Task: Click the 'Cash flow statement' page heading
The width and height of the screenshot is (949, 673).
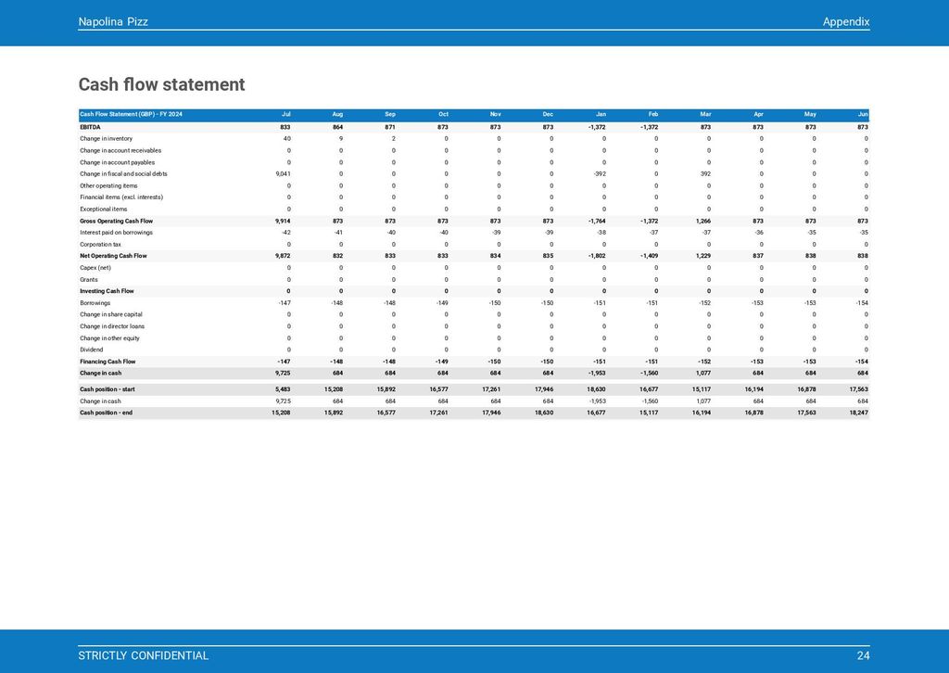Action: point(161,85)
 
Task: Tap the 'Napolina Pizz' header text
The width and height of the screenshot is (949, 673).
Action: point(113,21)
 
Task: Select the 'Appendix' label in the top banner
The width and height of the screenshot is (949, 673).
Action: point(845,21)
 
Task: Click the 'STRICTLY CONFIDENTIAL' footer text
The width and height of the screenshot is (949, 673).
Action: point(143,655)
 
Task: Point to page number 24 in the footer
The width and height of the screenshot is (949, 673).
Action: point(863,655)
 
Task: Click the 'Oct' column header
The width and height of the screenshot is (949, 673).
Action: point(443,115)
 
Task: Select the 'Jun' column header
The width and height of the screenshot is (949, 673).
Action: point(863,115)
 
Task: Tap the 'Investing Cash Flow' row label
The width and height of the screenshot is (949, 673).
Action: point(107,291)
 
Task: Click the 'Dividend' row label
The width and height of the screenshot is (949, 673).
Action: point(92,349)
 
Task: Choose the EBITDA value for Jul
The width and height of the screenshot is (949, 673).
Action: point(285,127)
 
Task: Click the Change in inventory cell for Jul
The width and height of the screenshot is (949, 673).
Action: point(286,138)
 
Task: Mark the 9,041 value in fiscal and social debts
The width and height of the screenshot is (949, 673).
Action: point(283,173)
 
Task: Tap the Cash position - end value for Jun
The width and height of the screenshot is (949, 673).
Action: point(858,413)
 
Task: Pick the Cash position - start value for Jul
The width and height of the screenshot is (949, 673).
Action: point(283,389)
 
